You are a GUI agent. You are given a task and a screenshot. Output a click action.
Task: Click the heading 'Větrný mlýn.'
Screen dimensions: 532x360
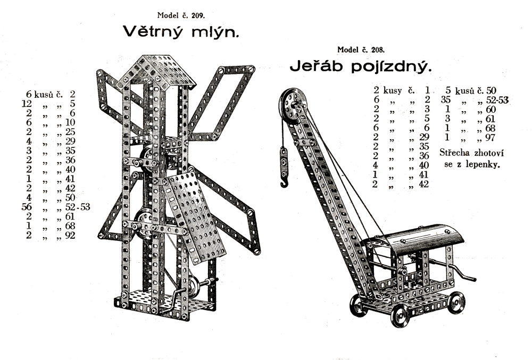[181, 31]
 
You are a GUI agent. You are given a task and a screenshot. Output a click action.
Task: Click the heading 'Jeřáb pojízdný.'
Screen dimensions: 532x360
[361, 66]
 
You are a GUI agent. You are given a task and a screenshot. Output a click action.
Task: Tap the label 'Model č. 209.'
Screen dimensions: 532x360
[181, 15]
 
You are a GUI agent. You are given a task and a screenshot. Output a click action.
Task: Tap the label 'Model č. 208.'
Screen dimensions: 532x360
[361, 50]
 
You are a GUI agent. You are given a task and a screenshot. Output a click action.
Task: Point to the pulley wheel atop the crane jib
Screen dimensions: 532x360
[293, 105]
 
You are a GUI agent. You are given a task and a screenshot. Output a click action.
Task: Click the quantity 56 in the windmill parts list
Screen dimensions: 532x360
[27, 207]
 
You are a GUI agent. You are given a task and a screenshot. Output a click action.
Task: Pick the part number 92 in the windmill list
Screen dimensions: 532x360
[70, 235]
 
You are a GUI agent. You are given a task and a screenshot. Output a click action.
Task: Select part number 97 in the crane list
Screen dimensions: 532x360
[490, 137]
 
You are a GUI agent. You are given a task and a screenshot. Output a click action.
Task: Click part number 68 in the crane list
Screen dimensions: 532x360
[490, 128]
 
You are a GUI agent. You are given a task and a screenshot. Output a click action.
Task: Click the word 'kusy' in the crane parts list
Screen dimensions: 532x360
[393, 91]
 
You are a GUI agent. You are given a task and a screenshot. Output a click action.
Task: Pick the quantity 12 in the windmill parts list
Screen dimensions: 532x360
[27, 103]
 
